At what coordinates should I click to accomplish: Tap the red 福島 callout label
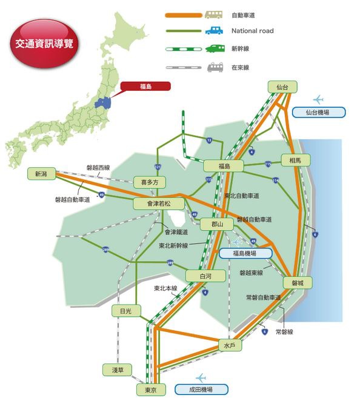tap(145, 87)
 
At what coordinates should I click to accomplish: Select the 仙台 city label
tap(282, 87)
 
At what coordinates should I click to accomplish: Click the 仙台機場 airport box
tap(318, 112)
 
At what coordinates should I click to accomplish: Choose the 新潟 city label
tap(41, 174)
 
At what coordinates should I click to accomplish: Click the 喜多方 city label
tap(149, 182)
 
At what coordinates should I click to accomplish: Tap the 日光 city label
tap(126, 311)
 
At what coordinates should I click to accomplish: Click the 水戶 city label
tap(228, 345)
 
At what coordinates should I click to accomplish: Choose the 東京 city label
tap(151, 390)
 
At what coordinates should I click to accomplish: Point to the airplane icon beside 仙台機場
tap(318, 99)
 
